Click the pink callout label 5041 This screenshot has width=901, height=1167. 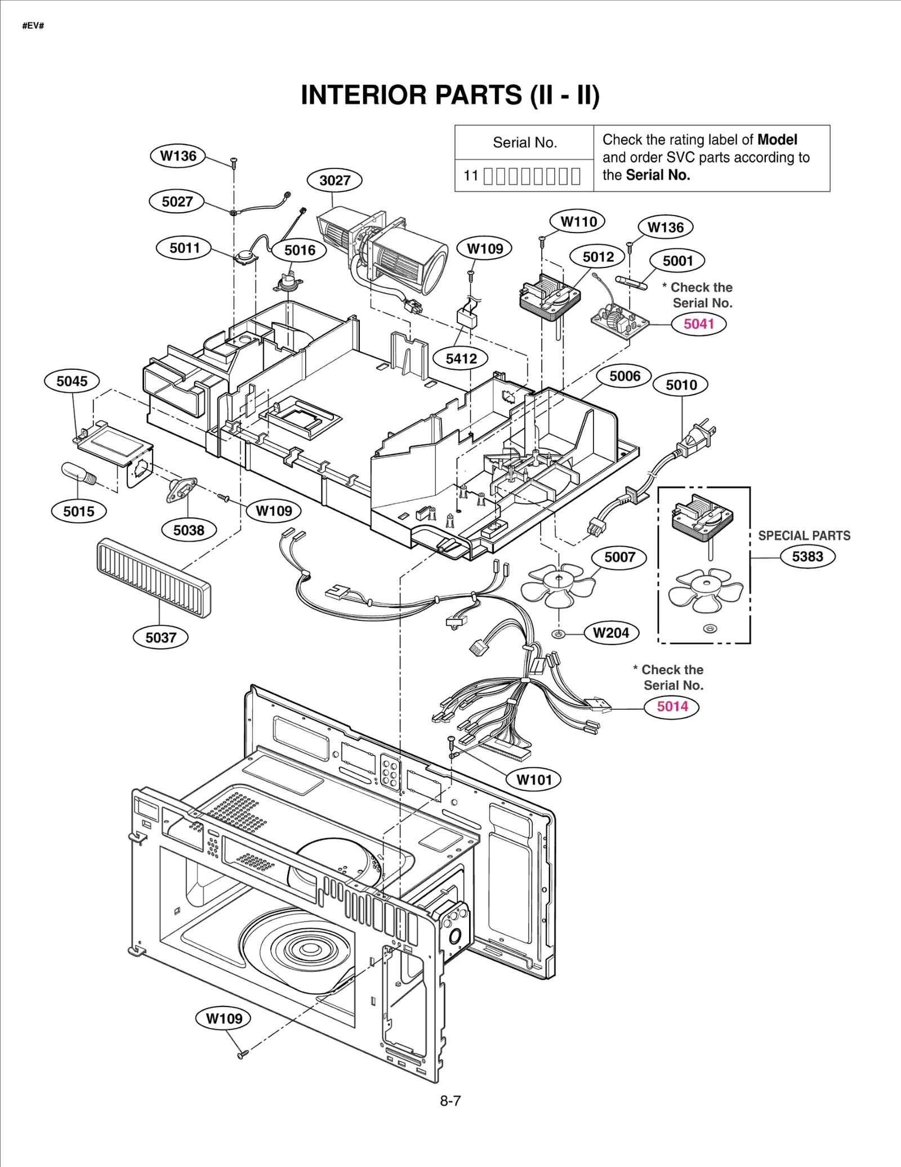pos(698,324)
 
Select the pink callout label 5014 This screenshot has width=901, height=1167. pos(672,706)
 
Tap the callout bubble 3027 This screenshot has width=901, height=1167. pos(334,180)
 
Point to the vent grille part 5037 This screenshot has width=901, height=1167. pos(154,577)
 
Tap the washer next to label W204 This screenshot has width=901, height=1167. pos(558,634)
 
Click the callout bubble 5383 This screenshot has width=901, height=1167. pos(807,556)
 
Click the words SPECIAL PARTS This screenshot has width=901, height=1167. pos(804,535)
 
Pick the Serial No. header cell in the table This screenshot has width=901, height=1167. pos(524,142)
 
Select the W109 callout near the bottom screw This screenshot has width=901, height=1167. pos(224,1018)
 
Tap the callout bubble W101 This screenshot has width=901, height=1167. pos(534,779)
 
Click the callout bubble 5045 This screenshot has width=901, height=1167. pos(72,381)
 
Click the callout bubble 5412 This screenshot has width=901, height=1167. pos(461,359)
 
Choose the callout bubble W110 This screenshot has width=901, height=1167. pos(578,221)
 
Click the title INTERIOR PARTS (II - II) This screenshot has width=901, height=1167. pos(450,95)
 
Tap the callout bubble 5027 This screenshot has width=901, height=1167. pos(177,202)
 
